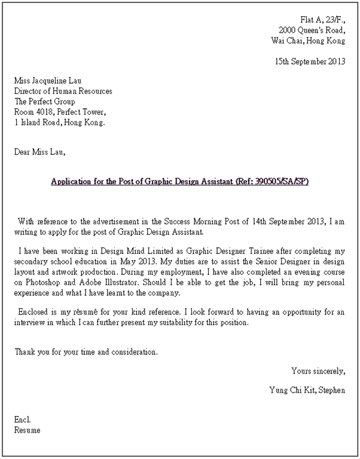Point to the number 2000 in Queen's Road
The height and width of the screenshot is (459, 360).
289,30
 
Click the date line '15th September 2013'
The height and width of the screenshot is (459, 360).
309,61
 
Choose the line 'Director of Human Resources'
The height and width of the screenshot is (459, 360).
63,91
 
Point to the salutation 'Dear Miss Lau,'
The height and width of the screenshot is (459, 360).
39,152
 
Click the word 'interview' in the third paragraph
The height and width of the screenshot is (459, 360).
30,323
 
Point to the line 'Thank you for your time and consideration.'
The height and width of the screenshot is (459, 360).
86,351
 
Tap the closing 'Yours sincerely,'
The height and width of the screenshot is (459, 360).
318,371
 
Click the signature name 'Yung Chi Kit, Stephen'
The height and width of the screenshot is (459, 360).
307,390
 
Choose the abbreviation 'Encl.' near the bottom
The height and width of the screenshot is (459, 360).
23,420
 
